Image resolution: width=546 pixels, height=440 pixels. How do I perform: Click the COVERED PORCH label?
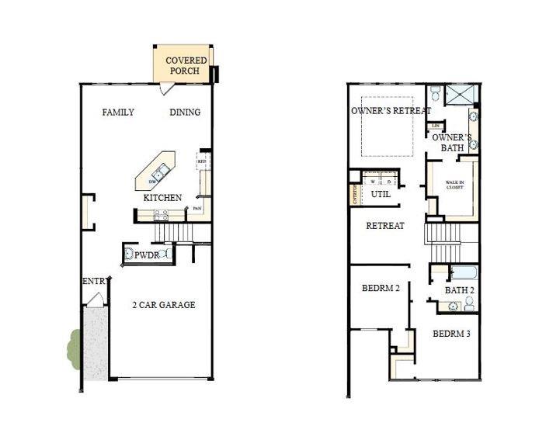point(186,65)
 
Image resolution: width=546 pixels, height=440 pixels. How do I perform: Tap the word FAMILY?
point(118,113)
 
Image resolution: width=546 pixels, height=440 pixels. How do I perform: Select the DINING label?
point(185,113)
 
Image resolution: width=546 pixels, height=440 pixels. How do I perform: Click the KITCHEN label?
point(162,198)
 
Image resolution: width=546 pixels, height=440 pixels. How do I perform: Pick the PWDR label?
point(146,255)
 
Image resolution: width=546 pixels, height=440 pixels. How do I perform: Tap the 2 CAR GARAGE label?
point(163,305)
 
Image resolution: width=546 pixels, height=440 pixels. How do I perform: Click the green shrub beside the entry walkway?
point(74,346)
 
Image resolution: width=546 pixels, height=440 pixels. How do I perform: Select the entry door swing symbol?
point(95,300)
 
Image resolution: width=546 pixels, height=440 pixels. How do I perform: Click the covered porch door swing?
point(165,90)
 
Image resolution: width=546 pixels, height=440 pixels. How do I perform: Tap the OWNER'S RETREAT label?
point(391,111)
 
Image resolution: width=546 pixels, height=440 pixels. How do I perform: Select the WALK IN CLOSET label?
point(454,185)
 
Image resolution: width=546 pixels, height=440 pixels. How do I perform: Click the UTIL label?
point(381,194)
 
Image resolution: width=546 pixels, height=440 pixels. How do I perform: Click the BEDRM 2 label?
point(381,289)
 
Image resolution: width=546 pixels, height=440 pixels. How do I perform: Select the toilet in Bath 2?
point(469,304)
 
